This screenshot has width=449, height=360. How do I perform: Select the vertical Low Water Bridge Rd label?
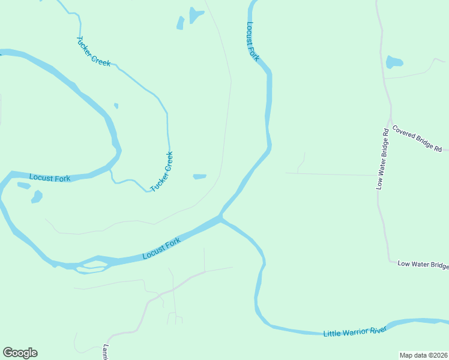(x=382, y=159)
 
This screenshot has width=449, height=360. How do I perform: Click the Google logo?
(x=20, y=353)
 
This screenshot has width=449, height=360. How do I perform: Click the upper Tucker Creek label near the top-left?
(x=93, y=52)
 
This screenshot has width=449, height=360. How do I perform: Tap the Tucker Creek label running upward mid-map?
(x=161, y=172)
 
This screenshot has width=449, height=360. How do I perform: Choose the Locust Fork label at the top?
(x=252, y=41)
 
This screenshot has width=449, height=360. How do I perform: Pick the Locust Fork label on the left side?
(x=50, y=178)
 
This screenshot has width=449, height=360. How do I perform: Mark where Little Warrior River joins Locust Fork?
(x=221, y=217)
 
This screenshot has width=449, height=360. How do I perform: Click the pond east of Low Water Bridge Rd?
(x=394, y=62)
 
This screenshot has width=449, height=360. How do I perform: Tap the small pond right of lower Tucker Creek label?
(x=199, y=176)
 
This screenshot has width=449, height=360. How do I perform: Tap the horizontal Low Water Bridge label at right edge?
(x=423, y=265)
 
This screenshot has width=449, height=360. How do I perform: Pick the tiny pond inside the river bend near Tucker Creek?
(x=116, y=106)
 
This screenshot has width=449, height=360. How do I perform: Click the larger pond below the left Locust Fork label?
(x=37, y=196)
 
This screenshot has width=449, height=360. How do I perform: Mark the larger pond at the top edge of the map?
(x=195, y=14)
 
